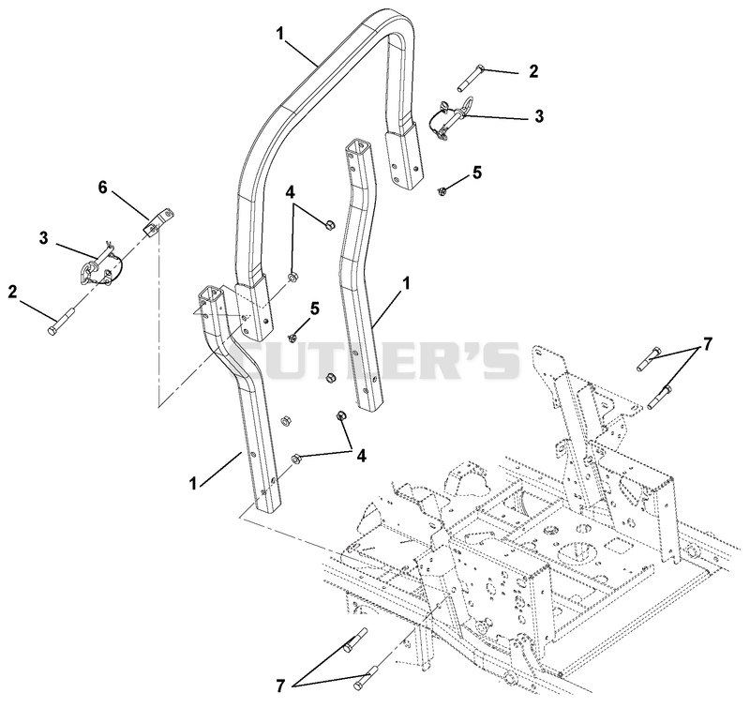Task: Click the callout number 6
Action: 103,188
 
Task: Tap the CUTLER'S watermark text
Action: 374,359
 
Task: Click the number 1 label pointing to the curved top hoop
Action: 279,34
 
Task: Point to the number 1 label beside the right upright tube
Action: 406,284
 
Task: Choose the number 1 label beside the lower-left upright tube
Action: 193,484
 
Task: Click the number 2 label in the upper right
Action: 533,71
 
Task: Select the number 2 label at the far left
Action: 12,292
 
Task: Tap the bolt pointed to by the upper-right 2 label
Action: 470,79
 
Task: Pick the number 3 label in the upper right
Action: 539,115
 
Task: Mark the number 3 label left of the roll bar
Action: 43,238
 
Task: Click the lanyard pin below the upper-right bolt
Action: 450,119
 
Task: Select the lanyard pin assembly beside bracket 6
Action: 102,264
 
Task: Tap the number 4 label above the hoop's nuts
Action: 291,192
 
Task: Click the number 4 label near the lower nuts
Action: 362,456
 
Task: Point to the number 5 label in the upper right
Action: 477,173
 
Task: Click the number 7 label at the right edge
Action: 707,343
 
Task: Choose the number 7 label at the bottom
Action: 280,686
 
